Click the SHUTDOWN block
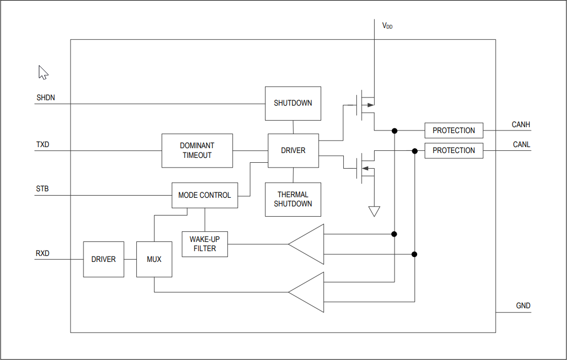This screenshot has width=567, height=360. click(293, 103)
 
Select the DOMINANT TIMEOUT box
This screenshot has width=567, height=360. click(197, 150)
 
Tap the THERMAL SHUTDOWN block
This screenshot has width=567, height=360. click(293, 199)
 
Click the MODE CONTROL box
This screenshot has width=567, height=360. click(204, 195)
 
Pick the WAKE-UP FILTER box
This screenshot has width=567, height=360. click(205, 244)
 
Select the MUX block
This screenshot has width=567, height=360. click(154, 259)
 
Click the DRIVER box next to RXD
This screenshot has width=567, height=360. click(103, 259)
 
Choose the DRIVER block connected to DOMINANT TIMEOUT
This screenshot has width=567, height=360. click(293, 150)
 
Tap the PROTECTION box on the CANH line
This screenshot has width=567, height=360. click(454, 130)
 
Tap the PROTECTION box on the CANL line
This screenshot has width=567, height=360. click(454, 150)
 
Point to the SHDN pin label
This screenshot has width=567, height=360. click(46, 98)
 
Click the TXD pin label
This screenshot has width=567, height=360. click(43, 145)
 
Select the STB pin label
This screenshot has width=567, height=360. click(42, 189)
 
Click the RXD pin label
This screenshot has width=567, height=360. click(43, 253)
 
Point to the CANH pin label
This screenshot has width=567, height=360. click(521, 124)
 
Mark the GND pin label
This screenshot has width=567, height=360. click(523, 306)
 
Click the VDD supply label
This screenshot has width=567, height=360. click(387, 25)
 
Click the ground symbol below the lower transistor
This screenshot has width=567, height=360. click(374, 211)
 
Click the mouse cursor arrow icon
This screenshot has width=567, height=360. click(43, 72)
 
